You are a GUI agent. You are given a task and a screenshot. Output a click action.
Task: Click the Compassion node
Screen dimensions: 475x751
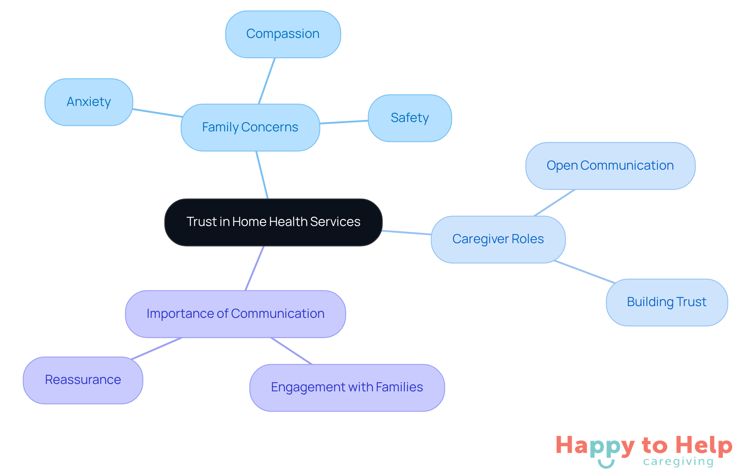pyautogui.click(x=283, y=34)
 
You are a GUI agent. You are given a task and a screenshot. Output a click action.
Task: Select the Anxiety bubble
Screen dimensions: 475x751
pyautogui.click(x=89, y=102)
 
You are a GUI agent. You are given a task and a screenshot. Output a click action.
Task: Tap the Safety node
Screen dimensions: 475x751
pyautogui.click(x=410, y=118)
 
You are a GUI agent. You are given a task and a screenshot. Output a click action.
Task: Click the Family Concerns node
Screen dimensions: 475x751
pyautogui.click(x=250, y=127)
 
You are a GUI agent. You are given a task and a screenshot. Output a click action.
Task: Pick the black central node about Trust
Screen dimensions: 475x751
pyautogui.click(x=273, y=222)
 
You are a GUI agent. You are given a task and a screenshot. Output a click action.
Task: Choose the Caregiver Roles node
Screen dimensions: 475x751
pyautogui.click(x=498, y=239)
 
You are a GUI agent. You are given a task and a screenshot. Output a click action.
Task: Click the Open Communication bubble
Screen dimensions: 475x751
pyautogui.click(x=610, y=166)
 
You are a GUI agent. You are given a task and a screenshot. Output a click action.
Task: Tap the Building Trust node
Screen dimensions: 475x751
pyautogui.click(x=667, y=302)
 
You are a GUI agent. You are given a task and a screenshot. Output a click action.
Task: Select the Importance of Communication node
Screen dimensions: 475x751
pyautogui.click(x=235, y=314)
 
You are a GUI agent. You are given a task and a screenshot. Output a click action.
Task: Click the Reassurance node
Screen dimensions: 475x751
pyautogui.click(x=83, y=380)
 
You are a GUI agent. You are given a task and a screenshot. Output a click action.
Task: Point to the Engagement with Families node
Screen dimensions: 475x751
pyautogui.click(x=347, y=387)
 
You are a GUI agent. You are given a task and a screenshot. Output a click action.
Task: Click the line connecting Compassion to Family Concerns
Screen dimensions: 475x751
pyautogui.click(x=267, y=81)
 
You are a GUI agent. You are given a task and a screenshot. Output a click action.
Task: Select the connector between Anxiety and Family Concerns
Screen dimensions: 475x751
pyautogui.click(x=157, y=113)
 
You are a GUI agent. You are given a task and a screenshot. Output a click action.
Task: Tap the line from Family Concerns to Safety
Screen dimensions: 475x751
pyautogui.click(x=344, y=122)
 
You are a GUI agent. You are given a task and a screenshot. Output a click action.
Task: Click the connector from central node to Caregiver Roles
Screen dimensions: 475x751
pyautogui.click(x=407, y=233)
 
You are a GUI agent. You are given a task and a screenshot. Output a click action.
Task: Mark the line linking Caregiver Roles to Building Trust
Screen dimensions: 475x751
pyautogui.click(x=585, y=272)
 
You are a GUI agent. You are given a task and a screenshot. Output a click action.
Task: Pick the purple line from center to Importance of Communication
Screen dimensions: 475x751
pyautogui.click(x=255, y=268)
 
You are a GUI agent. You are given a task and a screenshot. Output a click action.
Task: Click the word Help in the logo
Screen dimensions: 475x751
pyautogui.click(x=704, y=446)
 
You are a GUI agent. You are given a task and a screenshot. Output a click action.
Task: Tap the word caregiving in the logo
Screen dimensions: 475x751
pyautogui.click(x=678, y=462)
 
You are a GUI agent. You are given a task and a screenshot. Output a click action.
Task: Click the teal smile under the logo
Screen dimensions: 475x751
pyautogui.click(x=606, y=464)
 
